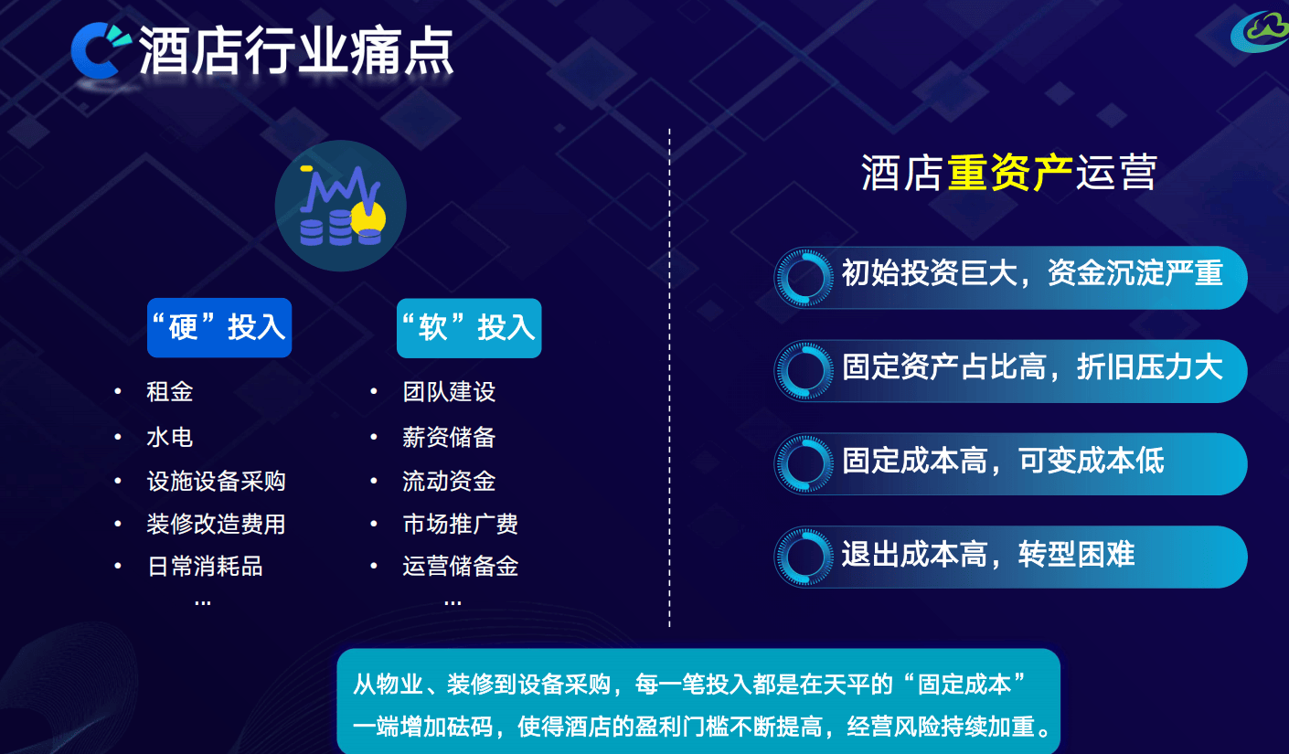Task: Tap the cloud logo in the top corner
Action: (1261, 32)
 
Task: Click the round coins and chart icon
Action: (341, 206)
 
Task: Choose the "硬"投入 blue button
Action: (219, 328)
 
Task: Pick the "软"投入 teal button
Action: (469, 328)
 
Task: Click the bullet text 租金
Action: (170, 392)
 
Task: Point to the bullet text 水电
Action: (170, 437)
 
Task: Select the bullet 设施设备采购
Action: (217, 481)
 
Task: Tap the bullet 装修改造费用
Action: (217, 524)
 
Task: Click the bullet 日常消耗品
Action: (205, 567)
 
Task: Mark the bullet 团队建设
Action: (449, 392)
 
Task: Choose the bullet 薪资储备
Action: (449, 437)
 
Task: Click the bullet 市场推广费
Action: (461, 524)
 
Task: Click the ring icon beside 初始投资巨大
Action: (804, 278)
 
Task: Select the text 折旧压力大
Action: (1150, 366)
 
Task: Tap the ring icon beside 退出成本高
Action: (804, 557)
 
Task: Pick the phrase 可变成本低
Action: (1092, 460)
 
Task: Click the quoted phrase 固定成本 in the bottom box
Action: (964, 685)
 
